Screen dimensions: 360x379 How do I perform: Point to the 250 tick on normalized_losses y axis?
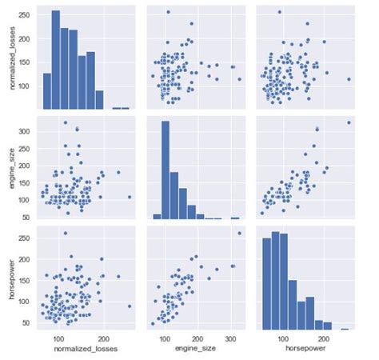[27, 15]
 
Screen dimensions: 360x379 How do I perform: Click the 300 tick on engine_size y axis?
[27, 130]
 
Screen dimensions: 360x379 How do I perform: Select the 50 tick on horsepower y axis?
[29, 322]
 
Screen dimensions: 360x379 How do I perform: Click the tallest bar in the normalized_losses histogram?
[55, 60]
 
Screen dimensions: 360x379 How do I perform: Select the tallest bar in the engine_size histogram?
[166, 170]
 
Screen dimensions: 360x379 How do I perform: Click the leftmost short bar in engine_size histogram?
[156, 216]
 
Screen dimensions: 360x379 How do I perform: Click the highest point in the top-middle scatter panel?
[168, 12]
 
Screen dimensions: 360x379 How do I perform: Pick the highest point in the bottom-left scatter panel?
[65, 233]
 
